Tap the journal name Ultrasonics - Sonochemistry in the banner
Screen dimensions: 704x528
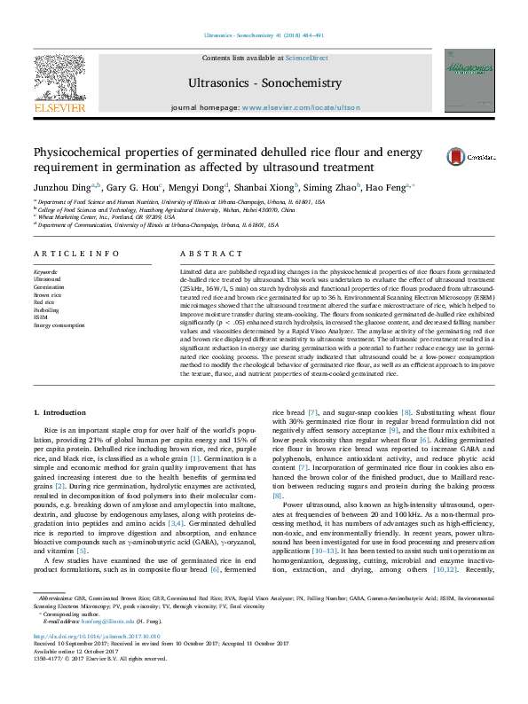coord(264,83)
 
